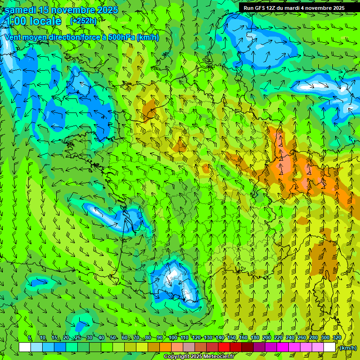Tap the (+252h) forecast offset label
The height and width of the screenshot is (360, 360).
83,21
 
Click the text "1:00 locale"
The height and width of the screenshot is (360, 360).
34,21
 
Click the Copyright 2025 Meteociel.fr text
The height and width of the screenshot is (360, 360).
199,357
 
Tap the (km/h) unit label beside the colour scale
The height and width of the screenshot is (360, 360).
347,348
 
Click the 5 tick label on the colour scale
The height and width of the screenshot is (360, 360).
30,338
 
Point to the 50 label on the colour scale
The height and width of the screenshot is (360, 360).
113,338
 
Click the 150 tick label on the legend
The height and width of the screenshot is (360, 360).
232,338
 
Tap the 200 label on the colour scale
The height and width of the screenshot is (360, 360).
267,338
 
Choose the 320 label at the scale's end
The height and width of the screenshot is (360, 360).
337,338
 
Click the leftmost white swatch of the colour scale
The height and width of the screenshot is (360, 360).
25,347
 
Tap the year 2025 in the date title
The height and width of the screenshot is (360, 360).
106,10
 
